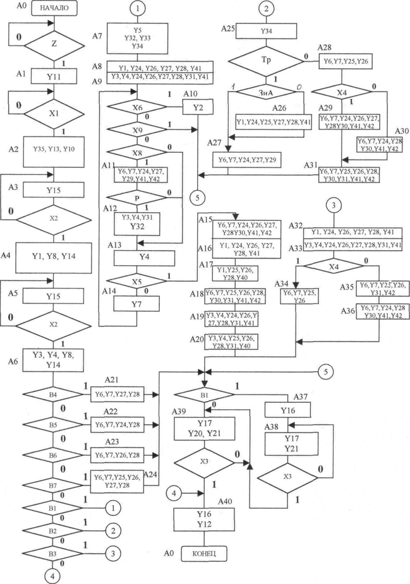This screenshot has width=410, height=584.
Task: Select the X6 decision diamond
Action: pyautogui.click(x=137, y=108)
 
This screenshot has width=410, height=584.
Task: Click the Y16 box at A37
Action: pyautogui.click(x=287, y=410)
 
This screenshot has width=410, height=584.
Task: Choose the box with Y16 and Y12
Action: pyautogui.click(x=204, y=519)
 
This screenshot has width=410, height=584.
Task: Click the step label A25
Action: pyautogui.click(x=229, y=29)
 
